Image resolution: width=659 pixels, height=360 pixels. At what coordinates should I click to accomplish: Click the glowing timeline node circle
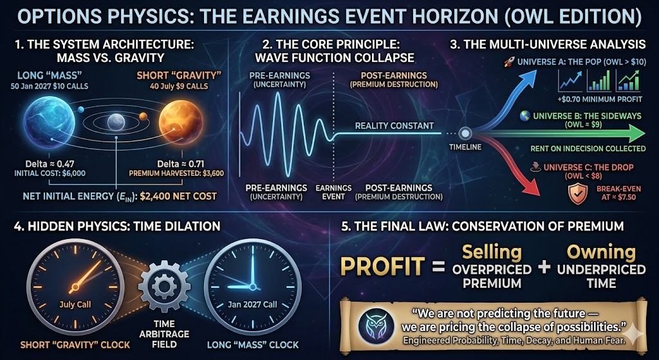[x=465, y=134]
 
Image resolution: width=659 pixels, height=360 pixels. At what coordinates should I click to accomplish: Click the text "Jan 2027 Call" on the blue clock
[x=252, y=305]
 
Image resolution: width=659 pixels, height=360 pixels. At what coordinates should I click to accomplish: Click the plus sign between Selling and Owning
[x=544, y=267]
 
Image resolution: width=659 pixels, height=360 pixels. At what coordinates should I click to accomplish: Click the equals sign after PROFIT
[x=438, y=267]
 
